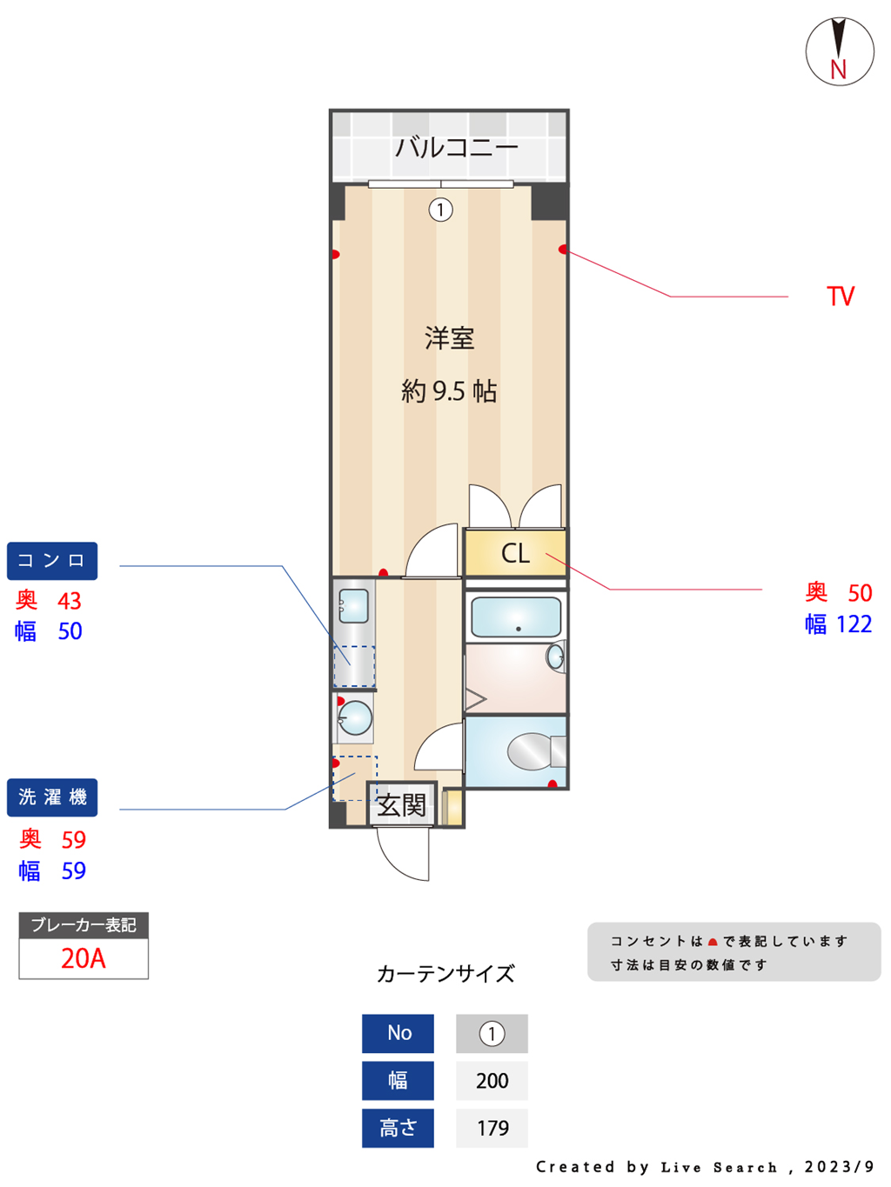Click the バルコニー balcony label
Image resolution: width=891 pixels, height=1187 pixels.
(x=456, y=148)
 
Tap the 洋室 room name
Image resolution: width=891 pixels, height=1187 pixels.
(x=449, y=338)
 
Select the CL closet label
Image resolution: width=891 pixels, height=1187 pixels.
(x=515, y=553)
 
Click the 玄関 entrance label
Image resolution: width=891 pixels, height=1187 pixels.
(x=401, y=805)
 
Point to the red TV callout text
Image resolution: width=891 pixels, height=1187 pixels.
(x=841, y=297)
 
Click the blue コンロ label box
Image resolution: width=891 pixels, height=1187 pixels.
(x=52, y=561)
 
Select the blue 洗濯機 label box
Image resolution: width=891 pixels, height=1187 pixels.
(x=52, y=797)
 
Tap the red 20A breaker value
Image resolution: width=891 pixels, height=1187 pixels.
(x=84, y=958)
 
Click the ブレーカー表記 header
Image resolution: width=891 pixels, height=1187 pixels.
(x=84, y=925)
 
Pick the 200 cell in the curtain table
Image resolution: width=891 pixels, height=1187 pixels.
(x=492, y=1080)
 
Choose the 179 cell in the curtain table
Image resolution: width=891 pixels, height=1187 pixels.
(x=492, y=1128)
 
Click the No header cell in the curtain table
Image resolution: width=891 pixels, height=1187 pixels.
(x=398, y=1033)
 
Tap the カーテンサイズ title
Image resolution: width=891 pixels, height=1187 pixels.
(x=445, y=974)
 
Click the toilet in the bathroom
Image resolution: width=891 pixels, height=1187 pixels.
(x=536, y=751)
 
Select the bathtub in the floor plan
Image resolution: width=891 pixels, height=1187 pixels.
(x=516, y=617)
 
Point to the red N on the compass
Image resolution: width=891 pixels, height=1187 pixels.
(x=838, y=70)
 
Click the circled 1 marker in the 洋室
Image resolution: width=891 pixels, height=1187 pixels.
(x=440, y=210)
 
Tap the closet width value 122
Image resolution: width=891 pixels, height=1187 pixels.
(x=854, y=624)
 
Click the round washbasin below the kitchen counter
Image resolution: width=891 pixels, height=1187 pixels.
(x=354, y=718)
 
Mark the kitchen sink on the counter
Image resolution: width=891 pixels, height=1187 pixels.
(x=353, y=605)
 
